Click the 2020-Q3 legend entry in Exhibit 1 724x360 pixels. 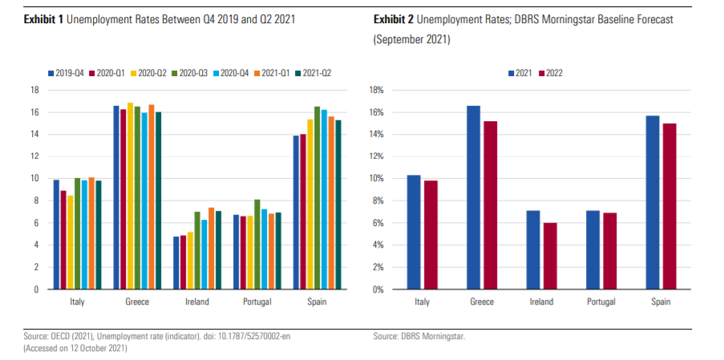click(x=190, y=73)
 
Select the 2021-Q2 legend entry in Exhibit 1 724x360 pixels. click(x=313, y=73)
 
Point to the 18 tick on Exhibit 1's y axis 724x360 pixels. click(x=35, y=90)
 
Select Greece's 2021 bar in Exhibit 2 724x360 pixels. click(x=474, y=197)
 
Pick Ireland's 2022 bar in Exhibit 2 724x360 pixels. click(x=550, y=256)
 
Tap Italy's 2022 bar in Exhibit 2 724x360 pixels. click(x=431, y=235)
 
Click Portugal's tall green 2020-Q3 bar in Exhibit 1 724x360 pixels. click(x=257, y=244)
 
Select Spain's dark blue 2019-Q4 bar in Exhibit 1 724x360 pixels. click(x=297, y=212)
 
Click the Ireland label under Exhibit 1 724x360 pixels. click(x=197, y=301)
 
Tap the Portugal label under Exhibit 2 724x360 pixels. click(x=601, y=301)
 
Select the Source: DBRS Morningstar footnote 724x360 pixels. click(x=419, y=337)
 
